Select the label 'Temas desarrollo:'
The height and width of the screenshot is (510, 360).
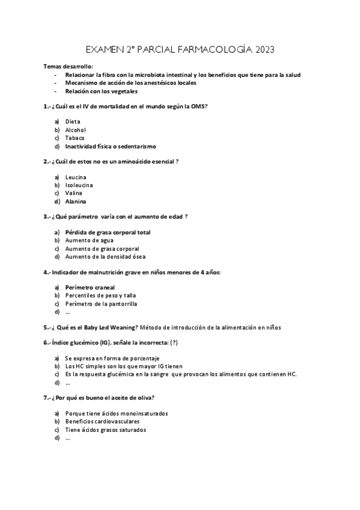(x=68, y=66)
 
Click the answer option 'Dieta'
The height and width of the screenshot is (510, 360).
(x=73, y=121)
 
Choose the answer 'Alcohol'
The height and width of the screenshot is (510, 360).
(x=76, y=130)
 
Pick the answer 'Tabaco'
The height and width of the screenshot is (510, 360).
(x=75, y=138)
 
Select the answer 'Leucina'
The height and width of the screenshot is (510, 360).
(x=76, y=177)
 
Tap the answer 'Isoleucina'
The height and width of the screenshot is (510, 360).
(x=79, y=185)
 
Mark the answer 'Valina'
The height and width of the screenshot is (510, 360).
(x=74, y=193)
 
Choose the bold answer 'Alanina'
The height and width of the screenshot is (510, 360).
(x=76, y=201)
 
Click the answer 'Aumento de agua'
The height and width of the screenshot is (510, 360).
(x=90, y=240)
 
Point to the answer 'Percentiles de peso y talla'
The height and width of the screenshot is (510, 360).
(x=101, y=296)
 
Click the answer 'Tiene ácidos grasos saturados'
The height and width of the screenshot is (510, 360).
(x=106, y=430)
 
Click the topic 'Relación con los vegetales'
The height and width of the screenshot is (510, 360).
(x=102, y=91)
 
